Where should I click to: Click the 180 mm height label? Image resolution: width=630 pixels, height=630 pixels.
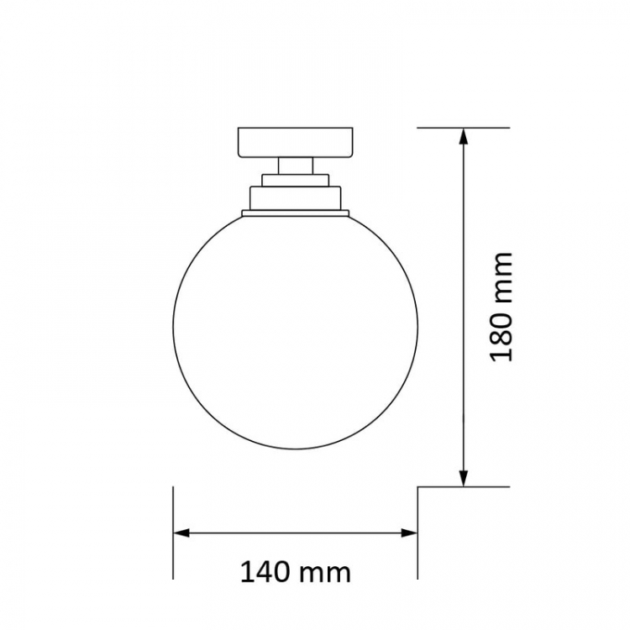click(501, 307)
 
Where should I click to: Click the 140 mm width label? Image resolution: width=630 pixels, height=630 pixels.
click(296, 572)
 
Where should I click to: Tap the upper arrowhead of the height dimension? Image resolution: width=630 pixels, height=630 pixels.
click(464, 137)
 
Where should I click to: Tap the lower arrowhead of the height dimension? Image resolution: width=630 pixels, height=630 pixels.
click(464, 478)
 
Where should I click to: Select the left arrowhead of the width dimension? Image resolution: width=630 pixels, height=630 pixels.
click(181, 533)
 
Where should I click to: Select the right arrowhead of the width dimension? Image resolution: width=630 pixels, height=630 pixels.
click(409, 533)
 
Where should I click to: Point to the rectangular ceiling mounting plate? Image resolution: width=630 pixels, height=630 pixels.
click(296, 142)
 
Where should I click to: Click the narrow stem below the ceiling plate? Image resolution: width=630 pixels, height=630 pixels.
click(296, 165)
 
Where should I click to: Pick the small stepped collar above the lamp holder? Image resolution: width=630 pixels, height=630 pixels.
click(296, 180)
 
